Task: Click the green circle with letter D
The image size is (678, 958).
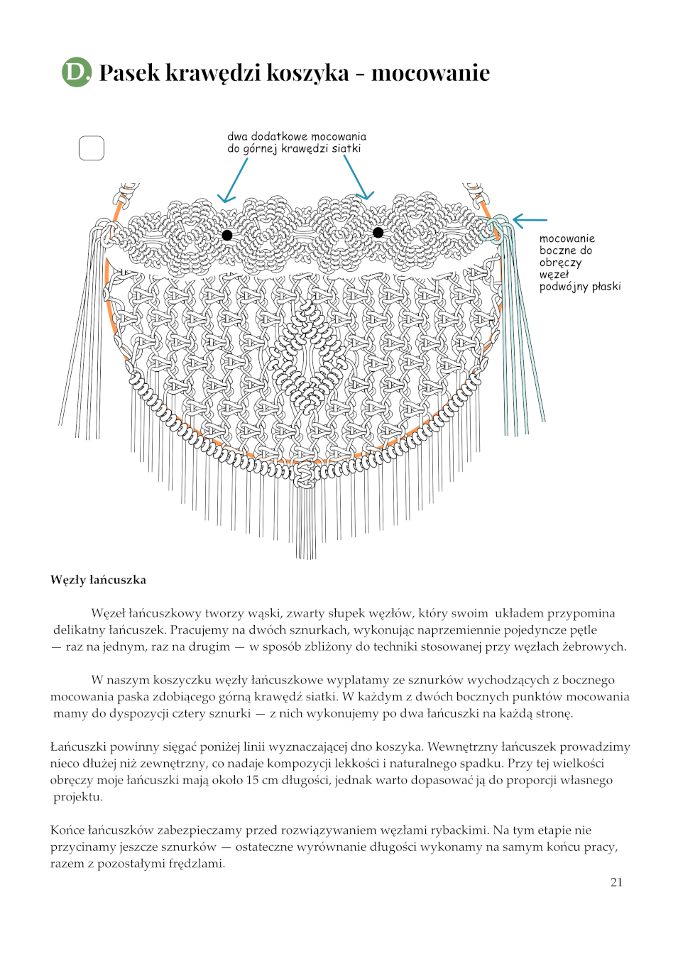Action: point(77,72)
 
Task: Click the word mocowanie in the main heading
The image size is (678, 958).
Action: point(430,72)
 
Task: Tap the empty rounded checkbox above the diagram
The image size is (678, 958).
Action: point(91,148)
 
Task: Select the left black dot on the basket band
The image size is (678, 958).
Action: point(227,235)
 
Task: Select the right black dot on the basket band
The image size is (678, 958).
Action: point(378,232)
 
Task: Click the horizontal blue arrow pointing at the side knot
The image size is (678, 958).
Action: point(530,221)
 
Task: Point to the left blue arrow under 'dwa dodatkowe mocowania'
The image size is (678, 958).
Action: point(234,181)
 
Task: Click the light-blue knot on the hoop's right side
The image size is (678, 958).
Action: point(498,229)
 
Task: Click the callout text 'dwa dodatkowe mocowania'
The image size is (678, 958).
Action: point(297,136)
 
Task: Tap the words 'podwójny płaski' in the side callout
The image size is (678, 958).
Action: point(579,287)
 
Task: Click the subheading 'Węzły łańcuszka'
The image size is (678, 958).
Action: point(98,580)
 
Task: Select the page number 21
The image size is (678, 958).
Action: point(616,882)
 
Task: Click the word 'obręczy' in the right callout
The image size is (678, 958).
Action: point(559,263)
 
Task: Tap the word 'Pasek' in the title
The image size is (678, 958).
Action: point(129,72)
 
